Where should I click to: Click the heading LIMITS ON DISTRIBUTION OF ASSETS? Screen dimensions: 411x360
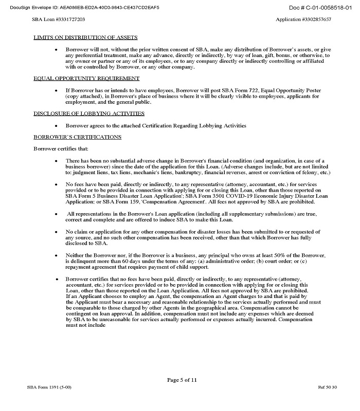tap(88, 38)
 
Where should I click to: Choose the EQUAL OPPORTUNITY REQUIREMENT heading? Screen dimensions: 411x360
tap(86, 79)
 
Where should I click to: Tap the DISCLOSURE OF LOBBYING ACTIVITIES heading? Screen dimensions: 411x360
tap(89, 113)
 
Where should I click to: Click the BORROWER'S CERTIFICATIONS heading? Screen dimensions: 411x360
tap(77, 137)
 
